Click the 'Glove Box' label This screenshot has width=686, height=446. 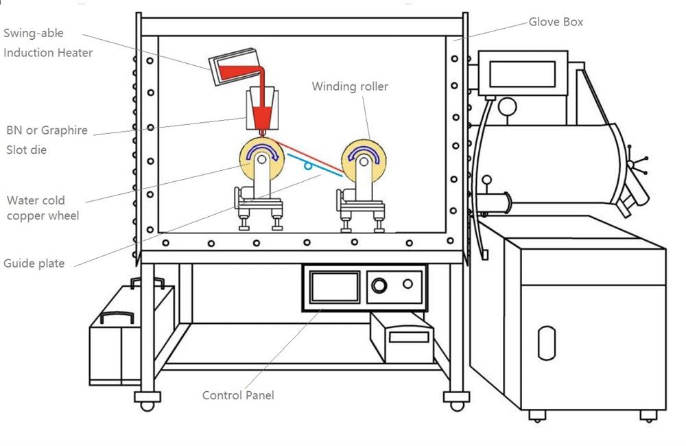[555, 22]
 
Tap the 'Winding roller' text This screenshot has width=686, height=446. [350, 86]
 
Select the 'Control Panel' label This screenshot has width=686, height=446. [237, 395]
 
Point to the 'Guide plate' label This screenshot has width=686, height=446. [34, 263]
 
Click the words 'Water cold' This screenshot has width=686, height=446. [36, 200]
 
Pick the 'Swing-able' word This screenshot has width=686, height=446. [34, 34]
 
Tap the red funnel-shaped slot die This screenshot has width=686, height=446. [261, 113]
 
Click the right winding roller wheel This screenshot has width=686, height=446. [364, 158]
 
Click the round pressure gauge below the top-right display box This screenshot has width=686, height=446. [507, 106]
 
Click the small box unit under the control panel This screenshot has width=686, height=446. [402, 338]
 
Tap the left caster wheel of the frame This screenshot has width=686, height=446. [147, 401]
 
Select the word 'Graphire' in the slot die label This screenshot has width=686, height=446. [64, 130]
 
